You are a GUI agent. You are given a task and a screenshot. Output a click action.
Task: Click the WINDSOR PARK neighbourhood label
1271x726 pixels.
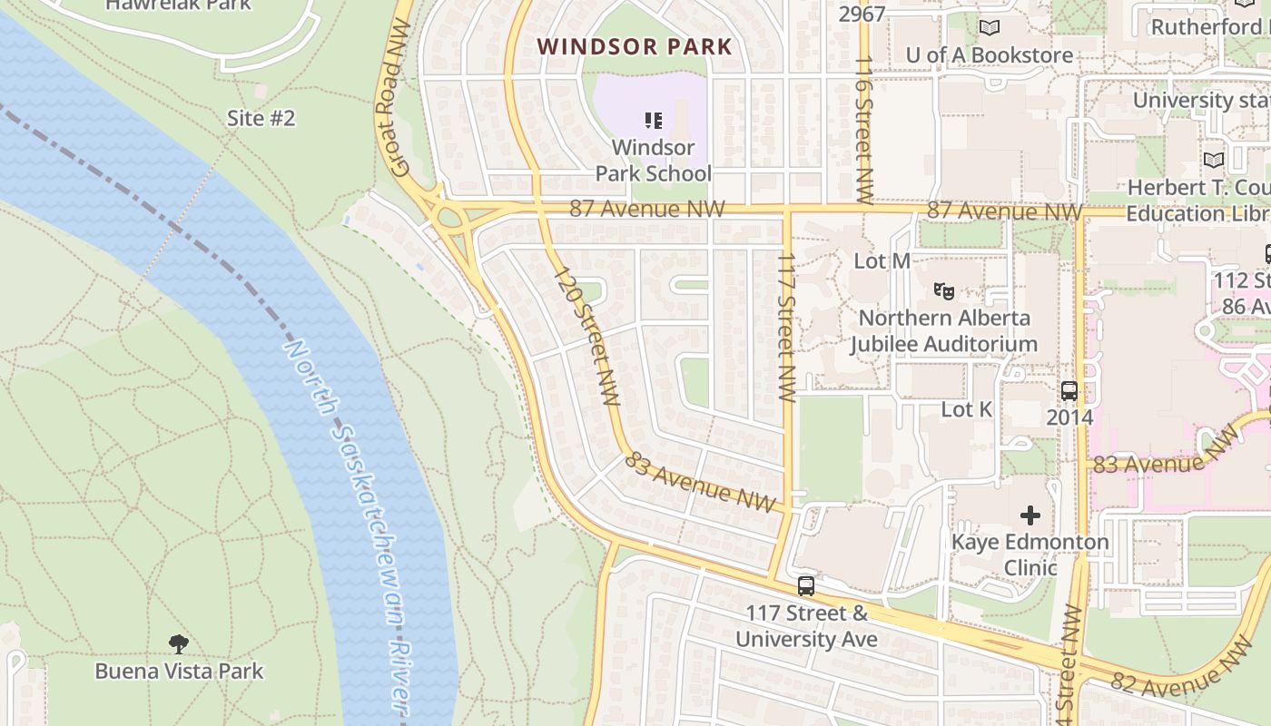(634, 46)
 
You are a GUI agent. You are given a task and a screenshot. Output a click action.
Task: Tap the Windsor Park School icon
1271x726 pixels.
(653, 120)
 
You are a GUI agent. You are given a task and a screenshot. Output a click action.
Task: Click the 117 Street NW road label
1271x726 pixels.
(786, 327)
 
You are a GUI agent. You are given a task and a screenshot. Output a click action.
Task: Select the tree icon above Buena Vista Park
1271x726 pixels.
(179, 644)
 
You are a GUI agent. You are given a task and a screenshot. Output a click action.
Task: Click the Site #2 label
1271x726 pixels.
(261, 118)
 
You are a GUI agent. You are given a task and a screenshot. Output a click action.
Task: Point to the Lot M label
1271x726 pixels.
(882, 261)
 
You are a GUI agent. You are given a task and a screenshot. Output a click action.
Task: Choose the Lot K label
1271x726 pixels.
(966, 409)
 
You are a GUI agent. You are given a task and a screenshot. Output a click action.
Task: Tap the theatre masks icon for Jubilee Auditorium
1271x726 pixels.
(944, 291)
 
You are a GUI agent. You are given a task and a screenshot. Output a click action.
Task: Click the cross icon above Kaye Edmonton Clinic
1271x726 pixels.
(1030, 515)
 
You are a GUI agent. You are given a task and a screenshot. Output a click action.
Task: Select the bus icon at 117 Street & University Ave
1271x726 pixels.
(805, 586)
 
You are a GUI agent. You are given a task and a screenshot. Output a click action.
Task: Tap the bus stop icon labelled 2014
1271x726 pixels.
(1069, 391)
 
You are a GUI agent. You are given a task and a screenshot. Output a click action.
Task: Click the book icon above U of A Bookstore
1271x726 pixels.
(989, 28)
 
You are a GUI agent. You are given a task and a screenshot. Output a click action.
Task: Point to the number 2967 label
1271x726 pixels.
(861, 15)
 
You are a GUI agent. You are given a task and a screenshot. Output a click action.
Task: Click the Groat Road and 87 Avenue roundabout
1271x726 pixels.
(449, 219)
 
